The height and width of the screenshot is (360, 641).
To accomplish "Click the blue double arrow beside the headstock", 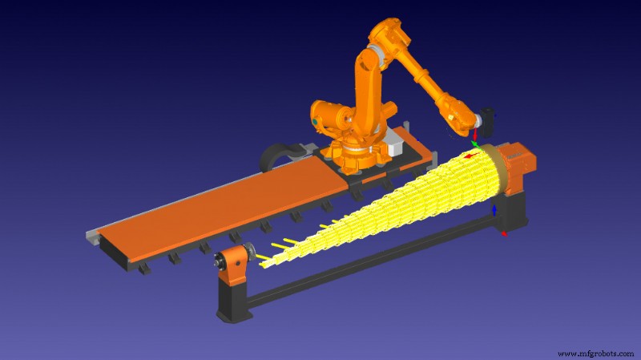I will pos(494,209).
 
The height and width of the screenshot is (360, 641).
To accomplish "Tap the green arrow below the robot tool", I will pos(476,144).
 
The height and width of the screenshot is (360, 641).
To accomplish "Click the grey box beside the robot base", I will pos(394,147).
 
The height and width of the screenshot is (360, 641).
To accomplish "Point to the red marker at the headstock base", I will pos(503,233).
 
